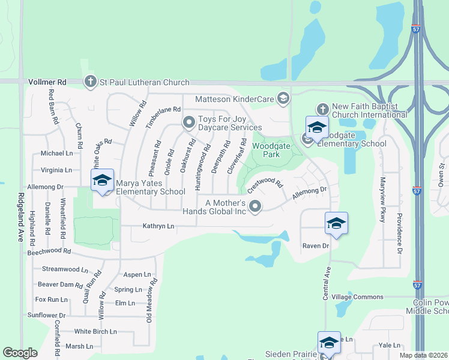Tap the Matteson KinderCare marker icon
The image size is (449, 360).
283,98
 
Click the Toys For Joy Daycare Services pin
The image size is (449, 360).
189,123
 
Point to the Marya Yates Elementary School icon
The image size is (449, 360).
102,180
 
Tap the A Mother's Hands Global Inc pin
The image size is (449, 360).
255,207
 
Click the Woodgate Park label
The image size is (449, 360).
267,150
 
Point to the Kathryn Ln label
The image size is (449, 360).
158,226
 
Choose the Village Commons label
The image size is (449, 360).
357,297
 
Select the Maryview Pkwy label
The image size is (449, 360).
382,200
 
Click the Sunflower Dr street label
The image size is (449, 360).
46,315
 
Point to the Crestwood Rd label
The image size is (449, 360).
265,182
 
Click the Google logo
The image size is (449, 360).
20,353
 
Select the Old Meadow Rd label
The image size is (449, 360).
150,300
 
